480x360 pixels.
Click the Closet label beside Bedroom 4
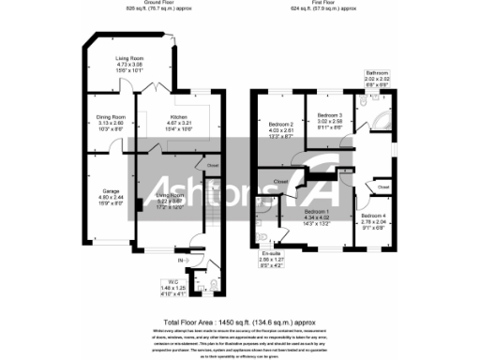pos(382,187)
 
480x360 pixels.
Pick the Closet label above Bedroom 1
pos(280,180)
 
